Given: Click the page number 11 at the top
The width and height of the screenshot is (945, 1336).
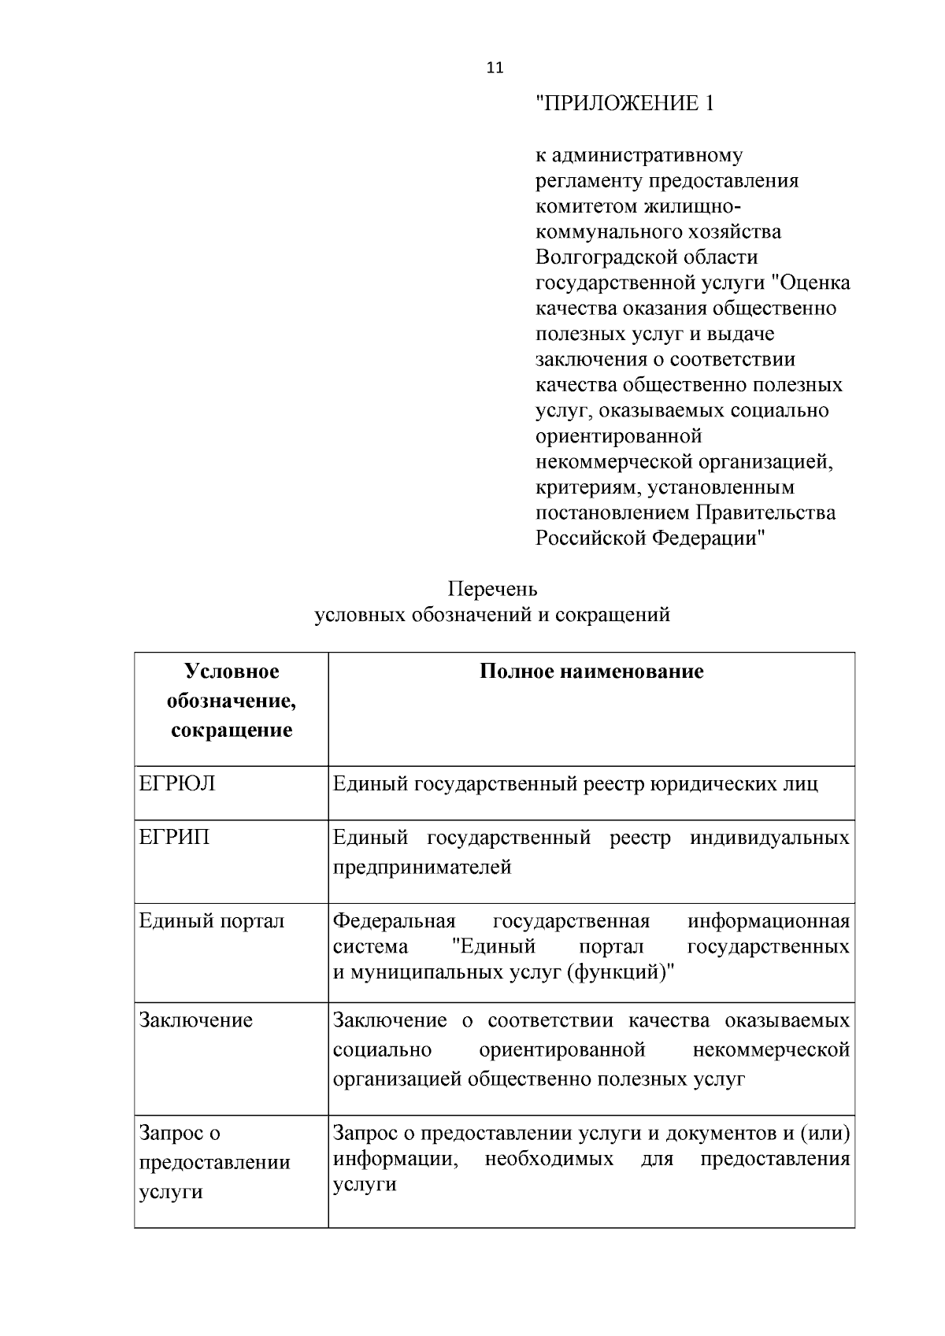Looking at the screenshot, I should [495, 68].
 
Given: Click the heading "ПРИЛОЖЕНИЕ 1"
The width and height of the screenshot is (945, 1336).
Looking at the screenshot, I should [624, 104].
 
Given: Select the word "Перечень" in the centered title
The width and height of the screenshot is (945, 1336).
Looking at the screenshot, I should [492, 589].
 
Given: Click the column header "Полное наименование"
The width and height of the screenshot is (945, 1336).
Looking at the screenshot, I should [591, 672].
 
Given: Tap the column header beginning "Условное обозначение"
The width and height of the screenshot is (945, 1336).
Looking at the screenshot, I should [232, 701].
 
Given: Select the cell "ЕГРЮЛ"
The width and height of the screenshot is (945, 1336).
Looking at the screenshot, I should [177, 784].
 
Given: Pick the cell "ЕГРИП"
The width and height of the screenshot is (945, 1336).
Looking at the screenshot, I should [175, 838].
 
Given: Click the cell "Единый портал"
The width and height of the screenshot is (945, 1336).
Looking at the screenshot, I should [212, 921].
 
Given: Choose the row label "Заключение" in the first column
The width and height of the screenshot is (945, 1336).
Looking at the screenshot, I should [196, 1021].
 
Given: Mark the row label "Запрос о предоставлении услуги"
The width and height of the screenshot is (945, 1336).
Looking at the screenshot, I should [214, 1162].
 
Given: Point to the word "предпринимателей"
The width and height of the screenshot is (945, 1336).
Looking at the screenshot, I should [422, 868].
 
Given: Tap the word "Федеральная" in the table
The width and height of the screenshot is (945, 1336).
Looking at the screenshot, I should [395, 921].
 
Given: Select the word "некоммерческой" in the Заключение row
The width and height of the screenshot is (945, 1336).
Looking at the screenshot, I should [771, 1050].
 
